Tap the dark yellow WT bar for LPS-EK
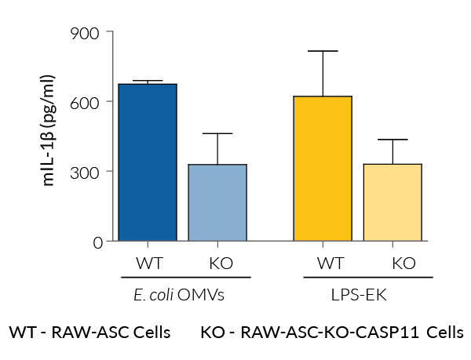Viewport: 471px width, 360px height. point(323,169)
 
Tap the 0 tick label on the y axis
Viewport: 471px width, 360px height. point(97,242)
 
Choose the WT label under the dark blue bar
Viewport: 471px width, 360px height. point(148,262)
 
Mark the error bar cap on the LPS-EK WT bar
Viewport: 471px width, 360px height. point(323,51)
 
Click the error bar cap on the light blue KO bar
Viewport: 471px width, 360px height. point(217,133)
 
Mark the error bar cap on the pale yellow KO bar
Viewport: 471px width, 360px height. point(393,140)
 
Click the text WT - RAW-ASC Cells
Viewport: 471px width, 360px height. point(89,332)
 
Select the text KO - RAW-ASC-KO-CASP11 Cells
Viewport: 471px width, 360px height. point(331,332)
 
